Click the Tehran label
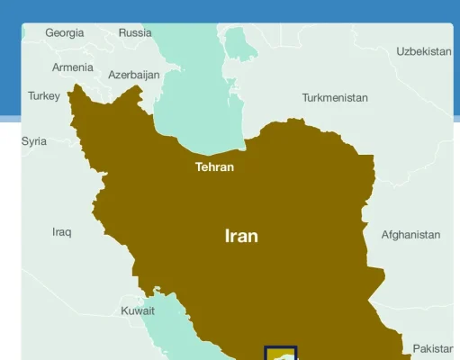pyautogui.click(x=214, y=166)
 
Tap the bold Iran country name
pyautogui.click(x=241, y=236)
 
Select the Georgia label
pyautogui.click(x=65, y=32)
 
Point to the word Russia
pyautogui.click(x=135, y=32)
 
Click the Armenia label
pyautogui.click(x=72, y=67)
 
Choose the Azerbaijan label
pyautogui.click(x=134, y=76)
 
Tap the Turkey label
pyautogui.click(x=43, y=95)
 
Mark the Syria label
pyautogui.click(x=34, y=141)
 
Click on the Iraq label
pyautogui.click(x=61, y=232)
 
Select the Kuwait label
pyautogui.click(x=138, y=310)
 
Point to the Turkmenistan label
pyautogui.click(x=335, y=97)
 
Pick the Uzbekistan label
pyautogui.click(x=423, y=51)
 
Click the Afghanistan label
pyautogui.click(x=410, y=235)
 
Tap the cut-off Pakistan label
pyautogui.click(x=433, y=348)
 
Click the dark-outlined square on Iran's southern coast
pyautogui.click(x=281, y=353)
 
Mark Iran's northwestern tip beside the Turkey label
pyautogui.click(x=73, y=89)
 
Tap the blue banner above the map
pyautogui.click(x=230, y=11)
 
